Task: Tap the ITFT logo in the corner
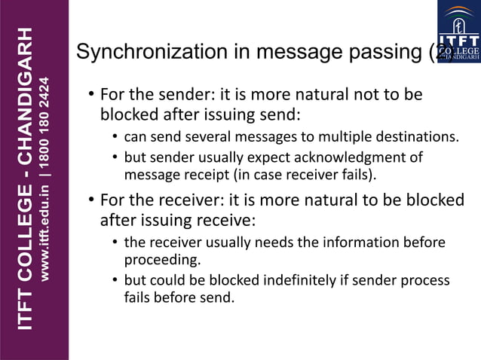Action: pos(459,31)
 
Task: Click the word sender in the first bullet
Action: pos(170,96)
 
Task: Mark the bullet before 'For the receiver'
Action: pos(90,201)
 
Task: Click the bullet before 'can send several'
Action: pos(115,138)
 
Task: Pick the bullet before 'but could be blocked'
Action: pos(115,281)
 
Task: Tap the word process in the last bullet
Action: pos(424,281)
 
